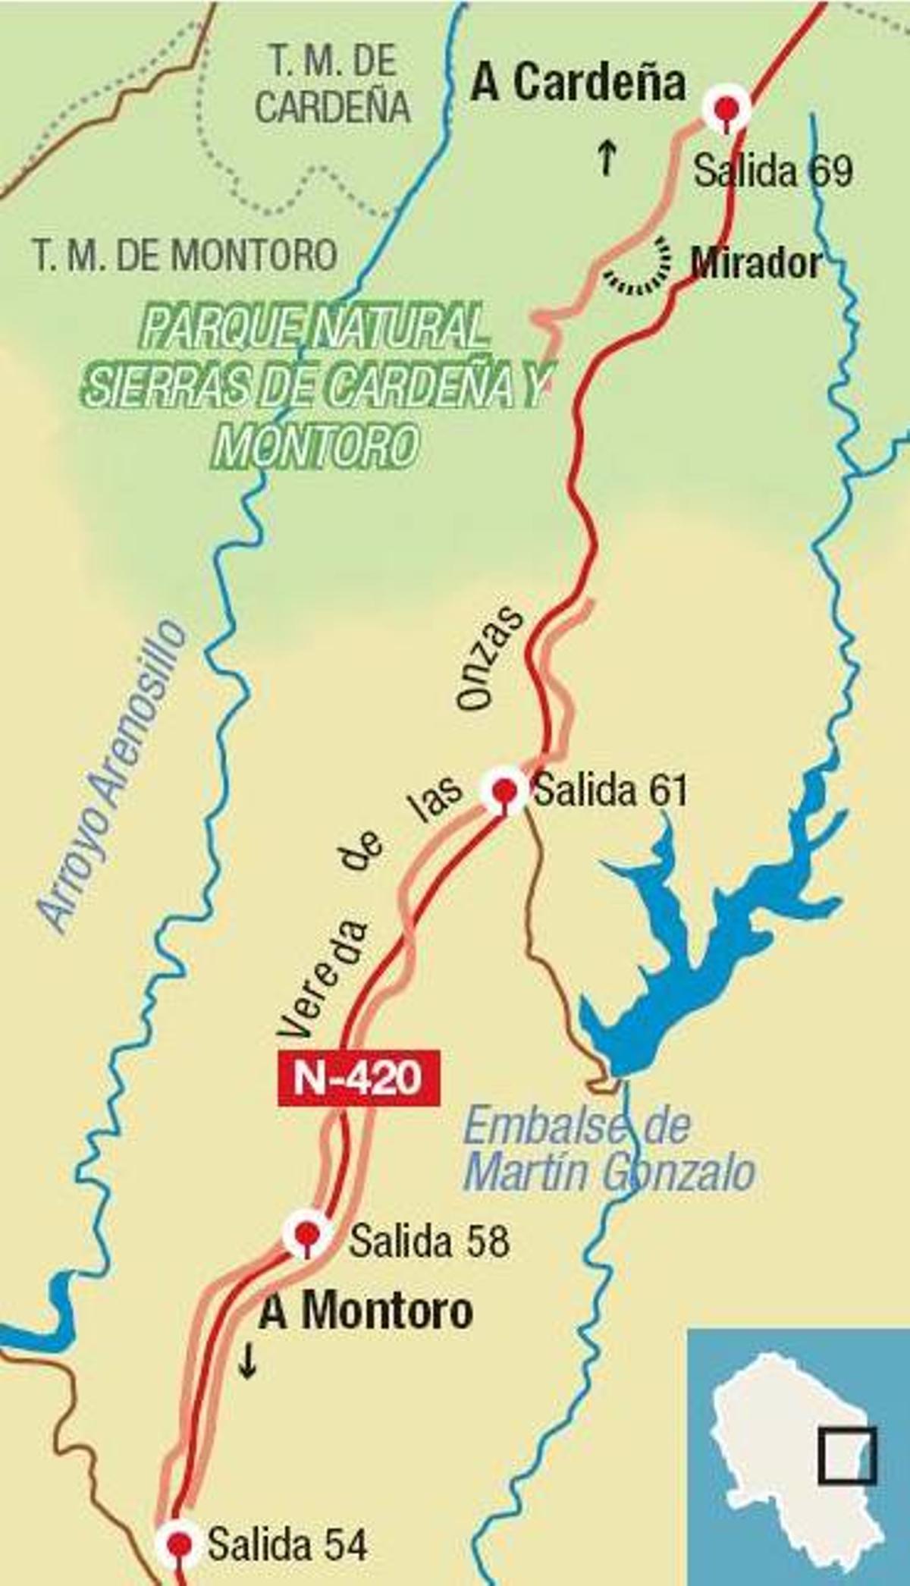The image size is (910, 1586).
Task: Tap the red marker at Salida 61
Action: coord(504,791)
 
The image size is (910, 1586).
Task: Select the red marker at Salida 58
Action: coord(306,1233)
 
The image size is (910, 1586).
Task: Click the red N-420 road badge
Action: coord(359,1076)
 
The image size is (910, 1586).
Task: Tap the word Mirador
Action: coord(755,263)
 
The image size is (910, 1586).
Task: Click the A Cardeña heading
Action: coord(578,83)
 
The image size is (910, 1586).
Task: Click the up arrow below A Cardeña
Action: coord(606,157)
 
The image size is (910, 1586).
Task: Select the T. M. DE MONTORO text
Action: coord(185,255)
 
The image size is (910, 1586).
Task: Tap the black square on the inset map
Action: coord(847,1456)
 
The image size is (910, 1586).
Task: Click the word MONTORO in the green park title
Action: coord(316,445)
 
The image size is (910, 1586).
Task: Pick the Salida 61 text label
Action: coord(610,791)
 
